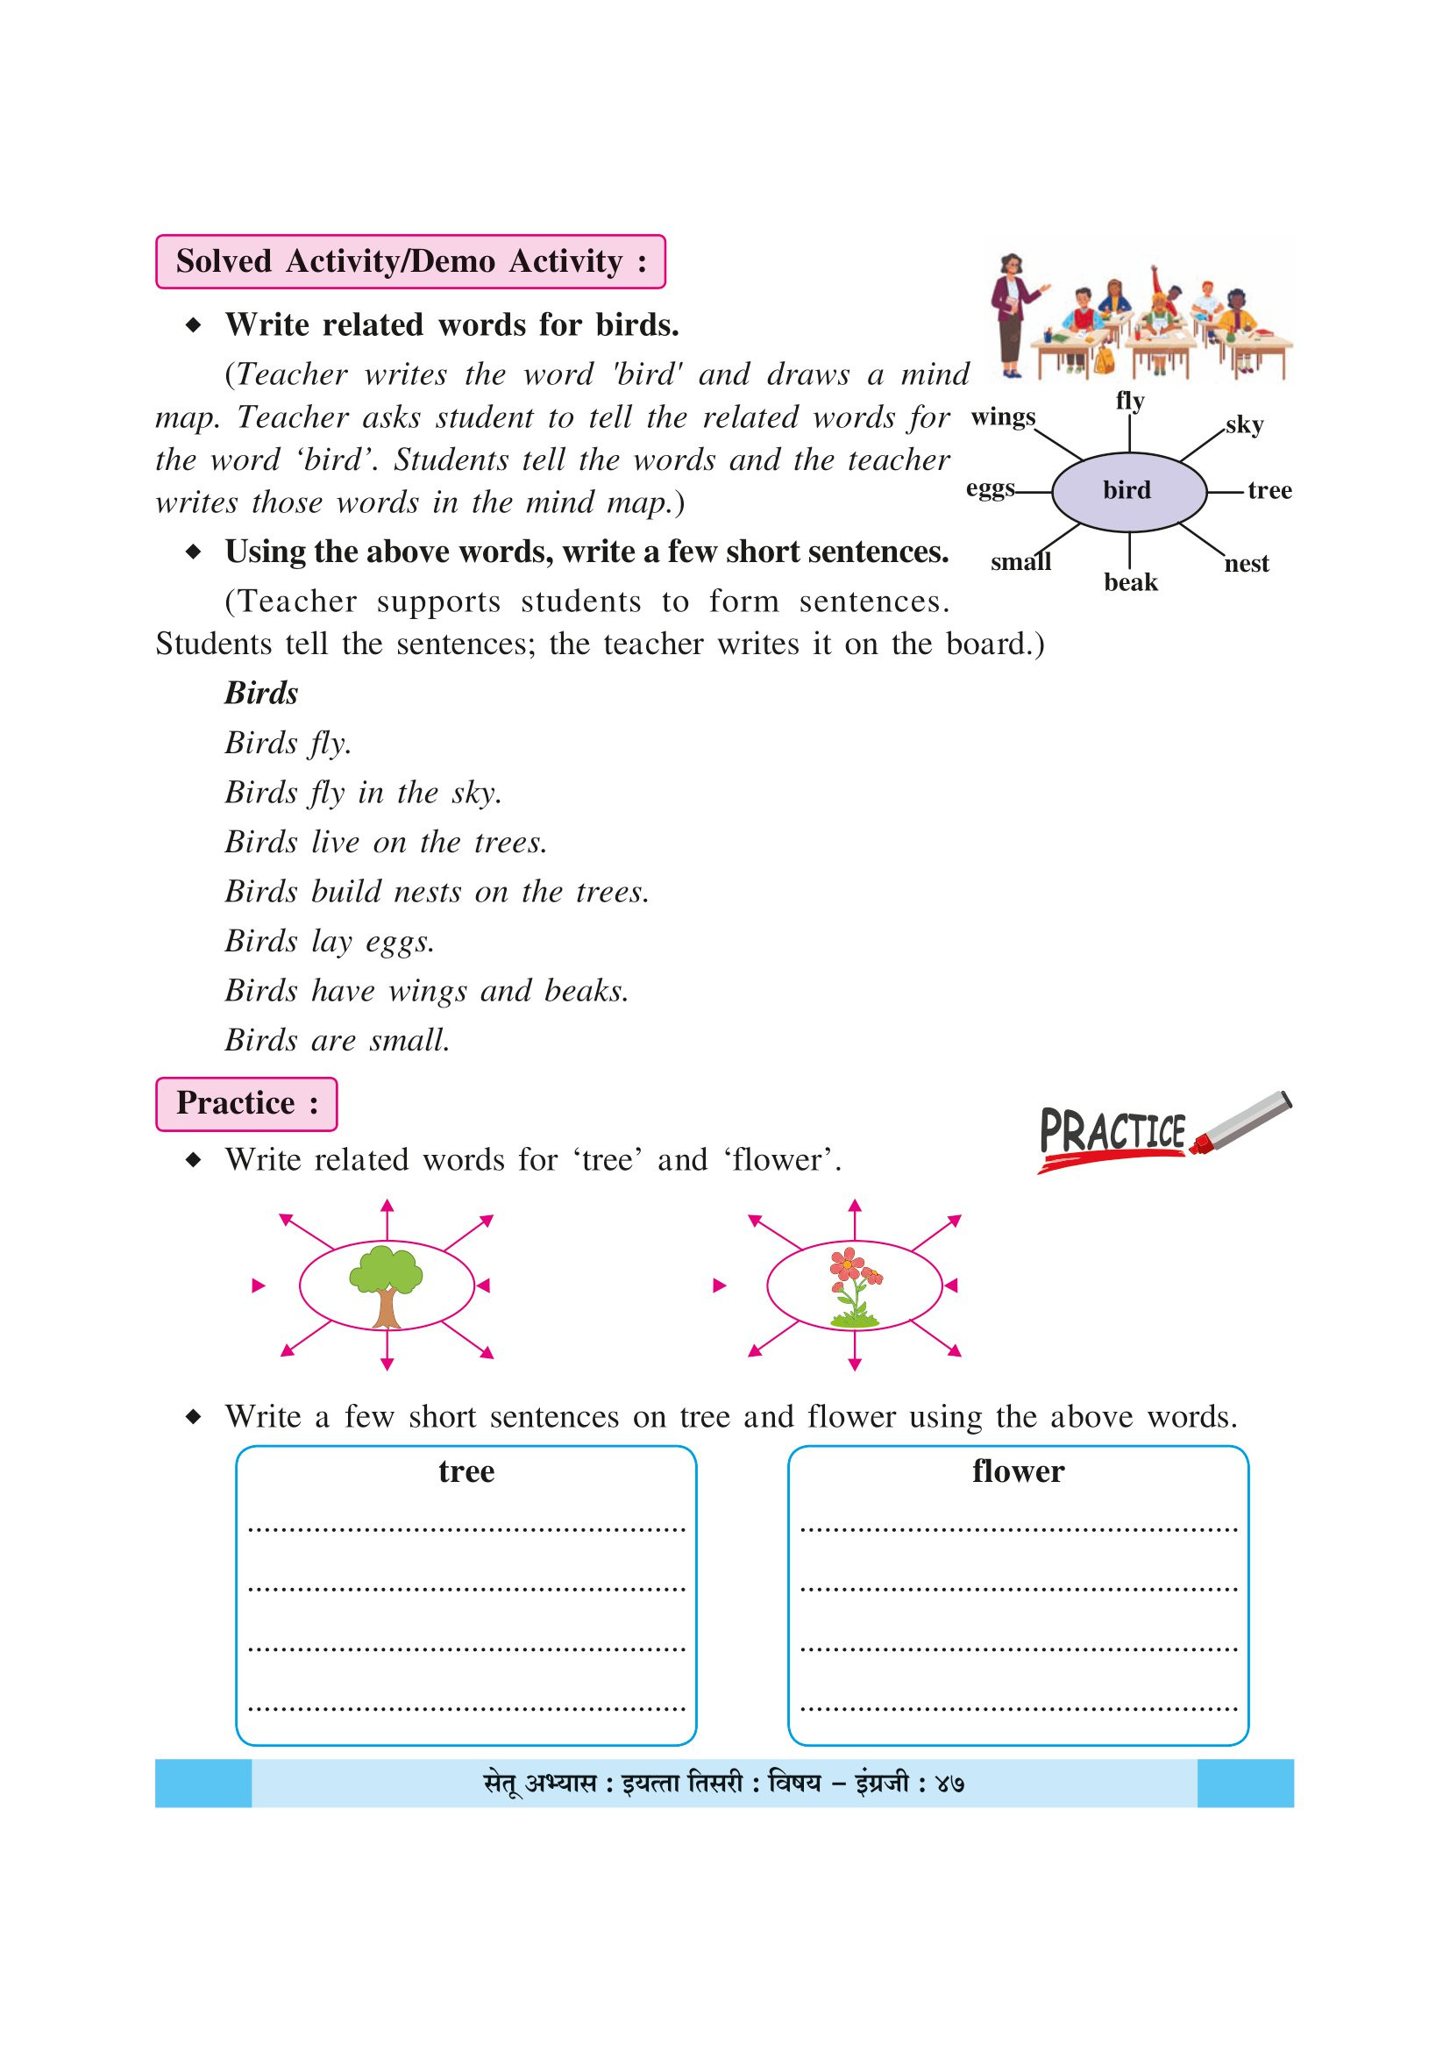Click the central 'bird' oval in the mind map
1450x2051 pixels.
(x=1128, y=491)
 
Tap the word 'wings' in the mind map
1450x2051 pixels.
(x=1003, y=417)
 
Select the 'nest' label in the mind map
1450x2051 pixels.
(x=1247, y=564)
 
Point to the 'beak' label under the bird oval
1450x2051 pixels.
(x=1130, y=582)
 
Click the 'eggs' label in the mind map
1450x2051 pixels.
(x=990, y=488)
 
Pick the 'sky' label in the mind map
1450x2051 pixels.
(x=1244, y=425)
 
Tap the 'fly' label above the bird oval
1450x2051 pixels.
(x=1129, y=400)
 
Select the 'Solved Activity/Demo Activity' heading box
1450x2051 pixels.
(x=410, y=261)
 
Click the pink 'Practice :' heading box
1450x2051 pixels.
(x=246, y=1103)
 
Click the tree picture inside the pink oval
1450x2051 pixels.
(x=386, y=1285)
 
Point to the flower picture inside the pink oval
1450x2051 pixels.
(x=855, y=1285)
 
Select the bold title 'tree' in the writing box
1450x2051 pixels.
(x=466, y=1471)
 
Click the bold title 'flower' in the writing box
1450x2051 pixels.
(x=1018, y=1471)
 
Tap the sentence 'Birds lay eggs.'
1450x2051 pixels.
(x=330, y=942)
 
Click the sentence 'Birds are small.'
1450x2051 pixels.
(x=338, y=1041)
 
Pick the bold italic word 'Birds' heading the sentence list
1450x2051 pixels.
(x=260, y=694)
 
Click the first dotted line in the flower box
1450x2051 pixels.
(x=1018, y=1529)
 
